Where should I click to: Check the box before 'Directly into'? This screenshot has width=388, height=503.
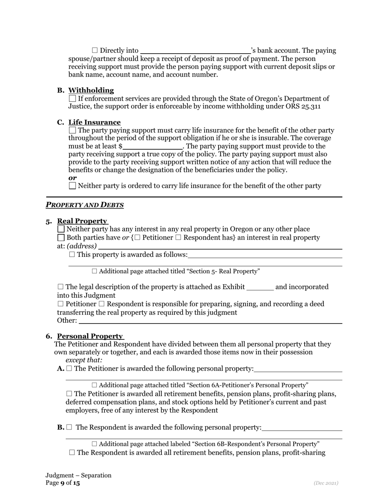[x=95, y=50]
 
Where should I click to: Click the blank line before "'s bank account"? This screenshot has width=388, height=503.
[x=195, y=51]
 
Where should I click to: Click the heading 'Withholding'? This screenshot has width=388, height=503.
[x=91, y=90]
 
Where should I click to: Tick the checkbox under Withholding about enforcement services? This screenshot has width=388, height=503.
[x=72, y=99]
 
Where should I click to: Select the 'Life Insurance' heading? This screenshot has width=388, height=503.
[x=94, y=122]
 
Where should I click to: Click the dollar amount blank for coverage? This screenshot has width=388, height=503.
[x=152, y=147]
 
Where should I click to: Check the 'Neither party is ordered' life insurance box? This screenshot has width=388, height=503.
[x=72, y=186]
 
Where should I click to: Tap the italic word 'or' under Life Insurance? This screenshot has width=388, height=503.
[x=72, y=178]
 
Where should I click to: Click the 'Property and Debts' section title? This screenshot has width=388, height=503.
[x=85, y=205]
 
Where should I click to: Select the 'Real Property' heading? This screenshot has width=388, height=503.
[x=82, y=221]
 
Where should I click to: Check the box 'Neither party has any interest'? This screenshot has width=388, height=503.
[x=61, y=229]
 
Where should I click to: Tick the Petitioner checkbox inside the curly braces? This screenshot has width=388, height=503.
[x=137, y=238]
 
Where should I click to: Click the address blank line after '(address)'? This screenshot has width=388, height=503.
[x=220, y=247]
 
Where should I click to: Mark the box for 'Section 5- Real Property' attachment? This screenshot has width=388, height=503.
[x=95, y=271]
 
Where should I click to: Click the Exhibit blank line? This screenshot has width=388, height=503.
[x=260, y=287]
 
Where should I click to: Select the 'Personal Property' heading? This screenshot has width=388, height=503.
[x=90, y=336]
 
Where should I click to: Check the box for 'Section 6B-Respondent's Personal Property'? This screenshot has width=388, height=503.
[x=95, y=444]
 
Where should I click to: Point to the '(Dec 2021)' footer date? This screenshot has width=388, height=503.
[x=326, y=483]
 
